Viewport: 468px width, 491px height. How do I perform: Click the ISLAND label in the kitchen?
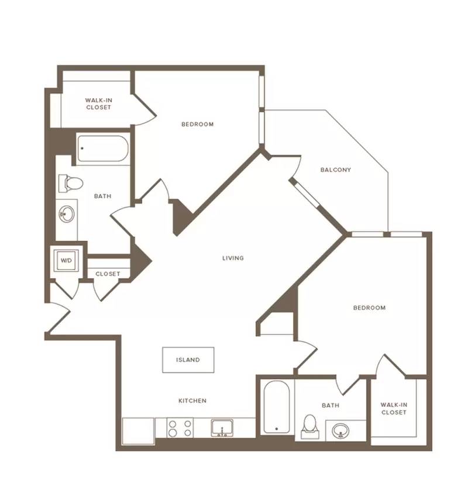point(188,360)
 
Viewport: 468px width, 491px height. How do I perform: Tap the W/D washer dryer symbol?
point(66,261)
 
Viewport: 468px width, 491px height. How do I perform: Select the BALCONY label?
point(335,170)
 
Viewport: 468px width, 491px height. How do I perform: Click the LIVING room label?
point(233,258)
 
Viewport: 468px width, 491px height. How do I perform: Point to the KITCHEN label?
point(192,400)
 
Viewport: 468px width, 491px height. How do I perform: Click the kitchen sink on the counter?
point(222,428)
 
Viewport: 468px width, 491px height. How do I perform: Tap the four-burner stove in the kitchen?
point(180,428)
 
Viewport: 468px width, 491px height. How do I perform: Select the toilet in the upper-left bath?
point(71,184)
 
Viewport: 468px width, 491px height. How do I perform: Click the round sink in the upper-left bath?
point(67,214)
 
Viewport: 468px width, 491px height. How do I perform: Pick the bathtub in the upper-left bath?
point(103,148)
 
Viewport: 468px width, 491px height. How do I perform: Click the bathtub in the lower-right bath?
point(277,407)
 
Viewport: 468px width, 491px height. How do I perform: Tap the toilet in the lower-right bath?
point(310,427)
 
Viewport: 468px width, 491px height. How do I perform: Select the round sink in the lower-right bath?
point(340,431)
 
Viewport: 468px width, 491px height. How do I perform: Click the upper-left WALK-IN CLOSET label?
point(98,103)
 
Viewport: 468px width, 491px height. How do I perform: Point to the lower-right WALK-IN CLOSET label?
point(394,409)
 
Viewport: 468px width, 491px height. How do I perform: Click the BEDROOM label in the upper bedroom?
point(198,125)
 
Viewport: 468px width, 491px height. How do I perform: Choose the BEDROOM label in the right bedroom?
point(369,308)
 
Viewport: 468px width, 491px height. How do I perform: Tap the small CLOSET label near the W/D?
point(108,274)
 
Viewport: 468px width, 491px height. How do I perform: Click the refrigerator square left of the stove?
point(138,431)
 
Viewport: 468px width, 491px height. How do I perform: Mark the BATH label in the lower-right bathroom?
point(331,406)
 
